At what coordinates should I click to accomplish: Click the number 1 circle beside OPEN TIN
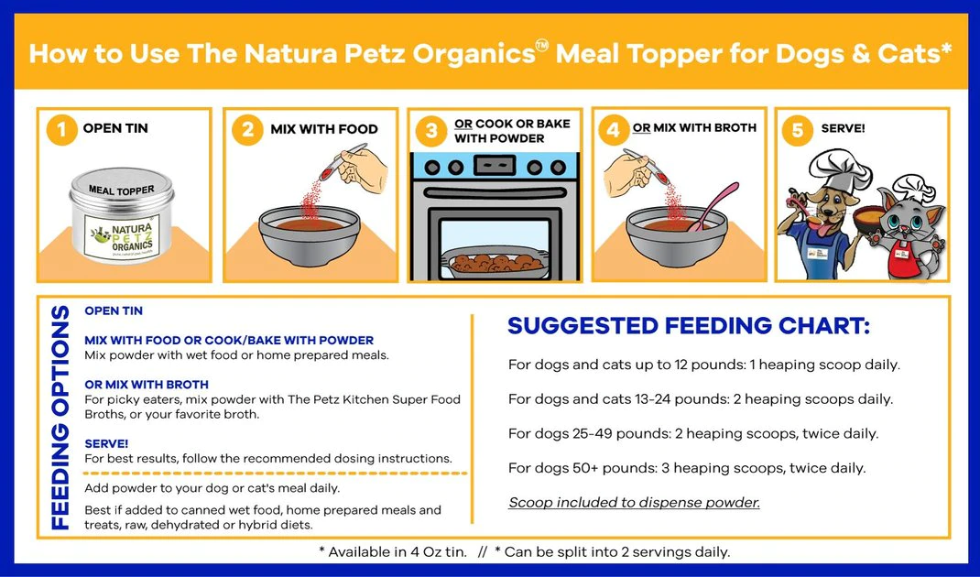(61, 130)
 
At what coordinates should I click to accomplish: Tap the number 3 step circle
(431, 131)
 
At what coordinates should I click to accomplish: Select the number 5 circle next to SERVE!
(798, 130)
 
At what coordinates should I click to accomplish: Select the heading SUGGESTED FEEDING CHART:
(688, 326)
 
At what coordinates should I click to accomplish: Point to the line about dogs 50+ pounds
(687, 468)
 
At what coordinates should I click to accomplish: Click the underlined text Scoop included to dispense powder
(634, 502)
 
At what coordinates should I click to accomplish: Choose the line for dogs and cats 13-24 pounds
(700, 399)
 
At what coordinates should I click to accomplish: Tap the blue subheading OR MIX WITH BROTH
(147, 385)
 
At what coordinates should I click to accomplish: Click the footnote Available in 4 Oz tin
(393, 552)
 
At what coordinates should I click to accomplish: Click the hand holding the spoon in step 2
(361, 168)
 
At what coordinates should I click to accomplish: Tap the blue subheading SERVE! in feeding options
(106, 442)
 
